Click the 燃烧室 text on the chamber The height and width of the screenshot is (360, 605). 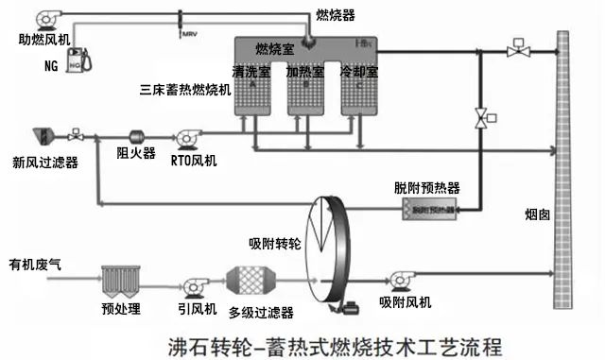tap(275, 48)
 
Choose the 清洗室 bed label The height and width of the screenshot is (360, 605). tap(251, 71)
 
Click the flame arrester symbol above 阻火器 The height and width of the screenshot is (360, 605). tap(134, 136)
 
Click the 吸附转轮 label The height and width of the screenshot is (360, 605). tap(274, 243)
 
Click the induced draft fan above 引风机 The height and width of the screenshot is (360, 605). tap(199, 283)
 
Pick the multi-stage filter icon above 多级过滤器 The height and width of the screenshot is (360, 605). tap(260, 283)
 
